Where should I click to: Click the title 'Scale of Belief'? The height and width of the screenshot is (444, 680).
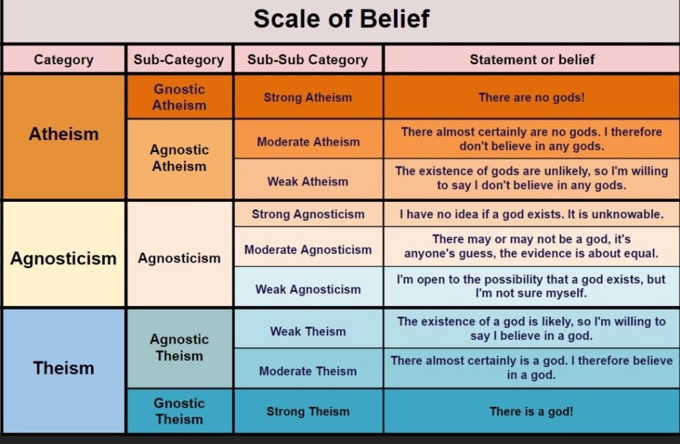341,19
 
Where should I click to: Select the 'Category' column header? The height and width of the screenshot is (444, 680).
64,60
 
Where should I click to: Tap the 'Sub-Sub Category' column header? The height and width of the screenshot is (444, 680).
308,60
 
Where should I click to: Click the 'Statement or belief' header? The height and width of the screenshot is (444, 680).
532,60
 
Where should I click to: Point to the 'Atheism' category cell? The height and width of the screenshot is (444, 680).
64,137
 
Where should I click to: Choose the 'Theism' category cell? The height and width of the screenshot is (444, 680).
64,370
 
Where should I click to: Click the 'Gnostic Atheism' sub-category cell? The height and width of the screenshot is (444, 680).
179,97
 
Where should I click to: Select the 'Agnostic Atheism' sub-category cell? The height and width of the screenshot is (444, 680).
179,159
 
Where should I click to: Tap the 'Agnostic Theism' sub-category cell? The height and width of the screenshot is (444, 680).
179,348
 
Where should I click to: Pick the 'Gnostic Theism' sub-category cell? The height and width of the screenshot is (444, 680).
179,411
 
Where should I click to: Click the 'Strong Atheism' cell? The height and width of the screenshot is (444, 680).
308,97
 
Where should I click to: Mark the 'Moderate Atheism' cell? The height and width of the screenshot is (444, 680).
308,139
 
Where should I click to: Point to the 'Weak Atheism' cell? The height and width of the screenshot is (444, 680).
308,179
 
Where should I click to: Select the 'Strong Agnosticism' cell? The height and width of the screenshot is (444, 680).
308,214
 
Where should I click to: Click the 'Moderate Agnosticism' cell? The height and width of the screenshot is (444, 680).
308,247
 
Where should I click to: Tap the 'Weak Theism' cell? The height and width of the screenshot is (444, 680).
308,329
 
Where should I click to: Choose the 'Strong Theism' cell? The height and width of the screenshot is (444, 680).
308,411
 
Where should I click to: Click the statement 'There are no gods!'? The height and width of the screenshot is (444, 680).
531,97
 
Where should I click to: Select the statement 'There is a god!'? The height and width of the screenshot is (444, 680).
531,411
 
